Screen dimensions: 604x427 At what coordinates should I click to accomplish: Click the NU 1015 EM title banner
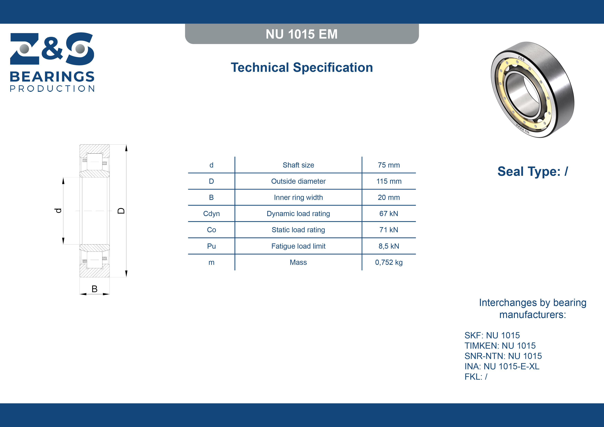click(x=302, y=34)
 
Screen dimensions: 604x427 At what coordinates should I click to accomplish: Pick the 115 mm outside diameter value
click(x=389, y=181)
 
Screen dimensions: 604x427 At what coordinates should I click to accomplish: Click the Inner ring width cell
click(x=298, y=197)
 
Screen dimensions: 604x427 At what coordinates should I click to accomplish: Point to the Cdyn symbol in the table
click(x=211, y=214)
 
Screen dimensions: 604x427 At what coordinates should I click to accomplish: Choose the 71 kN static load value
click(x=389, y=230)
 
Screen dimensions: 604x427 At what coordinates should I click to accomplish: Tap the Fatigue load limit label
click(x=298, y=246)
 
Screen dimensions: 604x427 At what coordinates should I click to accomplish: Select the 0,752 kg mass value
click(x=389, y=262)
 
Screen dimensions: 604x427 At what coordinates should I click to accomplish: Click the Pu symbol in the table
click(x=211, y=246)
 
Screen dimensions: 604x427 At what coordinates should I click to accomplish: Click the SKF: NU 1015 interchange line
click(x=492, y=335)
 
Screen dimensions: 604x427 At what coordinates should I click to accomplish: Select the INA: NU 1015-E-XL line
click(x=502, y=366)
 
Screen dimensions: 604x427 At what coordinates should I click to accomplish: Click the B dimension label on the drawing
click(x=95, y=289)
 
